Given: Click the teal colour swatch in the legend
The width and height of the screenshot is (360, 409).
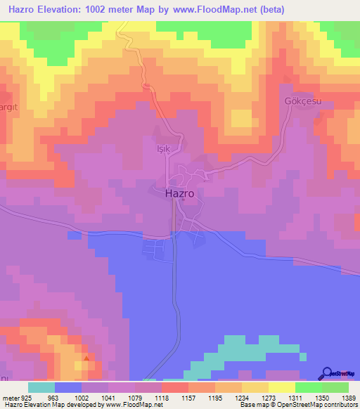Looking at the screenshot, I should coord(41,387).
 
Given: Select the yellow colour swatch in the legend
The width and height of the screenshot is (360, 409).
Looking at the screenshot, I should coord(281,387).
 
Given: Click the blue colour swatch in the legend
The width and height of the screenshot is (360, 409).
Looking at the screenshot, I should coord(68,387).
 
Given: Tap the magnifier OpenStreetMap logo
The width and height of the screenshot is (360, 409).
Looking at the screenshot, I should coord(328,373).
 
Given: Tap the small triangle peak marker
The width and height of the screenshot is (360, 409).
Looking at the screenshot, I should coord(86,358).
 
